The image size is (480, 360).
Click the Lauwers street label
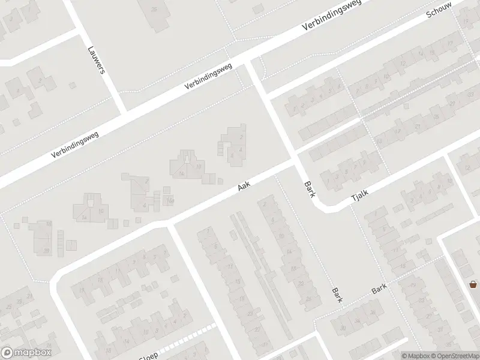click(96, 60)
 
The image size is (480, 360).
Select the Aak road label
click(243, 187)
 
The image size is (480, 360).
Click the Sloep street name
click(149, 356)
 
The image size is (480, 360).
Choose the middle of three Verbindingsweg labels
click(208, 77)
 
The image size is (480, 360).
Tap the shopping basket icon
click(473, 284)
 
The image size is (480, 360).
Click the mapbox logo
click(26, 353)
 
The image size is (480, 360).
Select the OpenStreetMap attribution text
click(454, 356)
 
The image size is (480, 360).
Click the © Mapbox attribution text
click(415, 356)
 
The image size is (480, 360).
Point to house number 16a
click(170, 200)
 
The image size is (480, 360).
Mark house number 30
click(343, 328)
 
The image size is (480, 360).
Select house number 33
click(470, 95)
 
